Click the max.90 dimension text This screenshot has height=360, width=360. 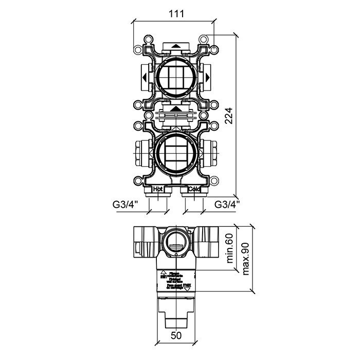(x=245, y=258)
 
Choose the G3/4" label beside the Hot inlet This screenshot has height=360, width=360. (x=123, y=205)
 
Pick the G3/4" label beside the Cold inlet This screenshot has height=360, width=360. (x=227, y=205)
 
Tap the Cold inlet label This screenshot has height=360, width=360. (x=194, y=189)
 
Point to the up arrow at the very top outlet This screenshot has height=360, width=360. (x=176, y=46)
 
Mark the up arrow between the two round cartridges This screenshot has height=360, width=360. (x=176, y=109)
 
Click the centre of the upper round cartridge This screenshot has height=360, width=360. (x=176, y=78)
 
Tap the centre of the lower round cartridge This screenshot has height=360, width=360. (x=176, y=153)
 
